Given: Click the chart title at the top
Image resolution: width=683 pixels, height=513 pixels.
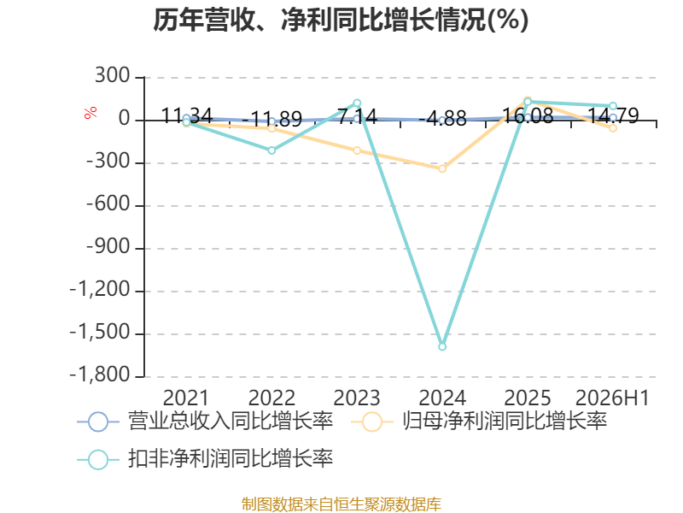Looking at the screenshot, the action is [341, 20].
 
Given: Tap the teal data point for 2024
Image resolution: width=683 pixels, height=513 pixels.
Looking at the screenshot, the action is [442, 347].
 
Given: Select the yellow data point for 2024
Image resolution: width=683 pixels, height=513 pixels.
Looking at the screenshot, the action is [442, 168].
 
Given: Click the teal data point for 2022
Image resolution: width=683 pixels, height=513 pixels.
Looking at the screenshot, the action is [271, 150].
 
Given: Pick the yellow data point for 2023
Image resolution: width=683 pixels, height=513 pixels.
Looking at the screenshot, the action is [357, 150].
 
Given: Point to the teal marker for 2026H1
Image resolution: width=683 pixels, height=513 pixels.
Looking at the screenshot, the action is [613, 106].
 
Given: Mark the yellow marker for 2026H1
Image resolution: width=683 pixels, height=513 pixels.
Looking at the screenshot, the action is [613, 128].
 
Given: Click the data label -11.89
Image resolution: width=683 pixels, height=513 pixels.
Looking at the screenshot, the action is [271, 119].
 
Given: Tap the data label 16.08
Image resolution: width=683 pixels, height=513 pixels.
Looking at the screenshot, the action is [528, 115].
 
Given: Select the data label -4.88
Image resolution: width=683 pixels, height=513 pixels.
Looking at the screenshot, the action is [442, 118].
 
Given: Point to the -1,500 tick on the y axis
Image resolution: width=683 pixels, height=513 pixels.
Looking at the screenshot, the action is [100, 333].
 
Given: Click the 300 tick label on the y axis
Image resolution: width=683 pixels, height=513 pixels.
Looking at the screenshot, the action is [113, 76].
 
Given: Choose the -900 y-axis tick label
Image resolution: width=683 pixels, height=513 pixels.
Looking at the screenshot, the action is [108, 247].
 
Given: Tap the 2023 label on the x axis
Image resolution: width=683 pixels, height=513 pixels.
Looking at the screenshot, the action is [357, 398].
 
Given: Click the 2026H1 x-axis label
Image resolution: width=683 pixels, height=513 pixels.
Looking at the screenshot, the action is [612, 398].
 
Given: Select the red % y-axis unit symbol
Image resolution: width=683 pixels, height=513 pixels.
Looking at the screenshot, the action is [90, 113].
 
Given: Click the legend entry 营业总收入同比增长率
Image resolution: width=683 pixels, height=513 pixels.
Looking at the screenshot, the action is [205, 422].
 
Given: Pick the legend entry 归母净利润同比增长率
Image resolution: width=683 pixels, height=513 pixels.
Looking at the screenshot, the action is [479, 422].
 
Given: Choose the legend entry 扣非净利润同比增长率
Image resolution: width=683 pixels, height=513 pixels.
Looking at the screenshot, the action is [205, 459].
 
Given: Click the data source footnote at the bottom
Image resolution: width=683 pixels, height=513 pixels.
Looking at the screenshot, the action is [341, 504].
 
